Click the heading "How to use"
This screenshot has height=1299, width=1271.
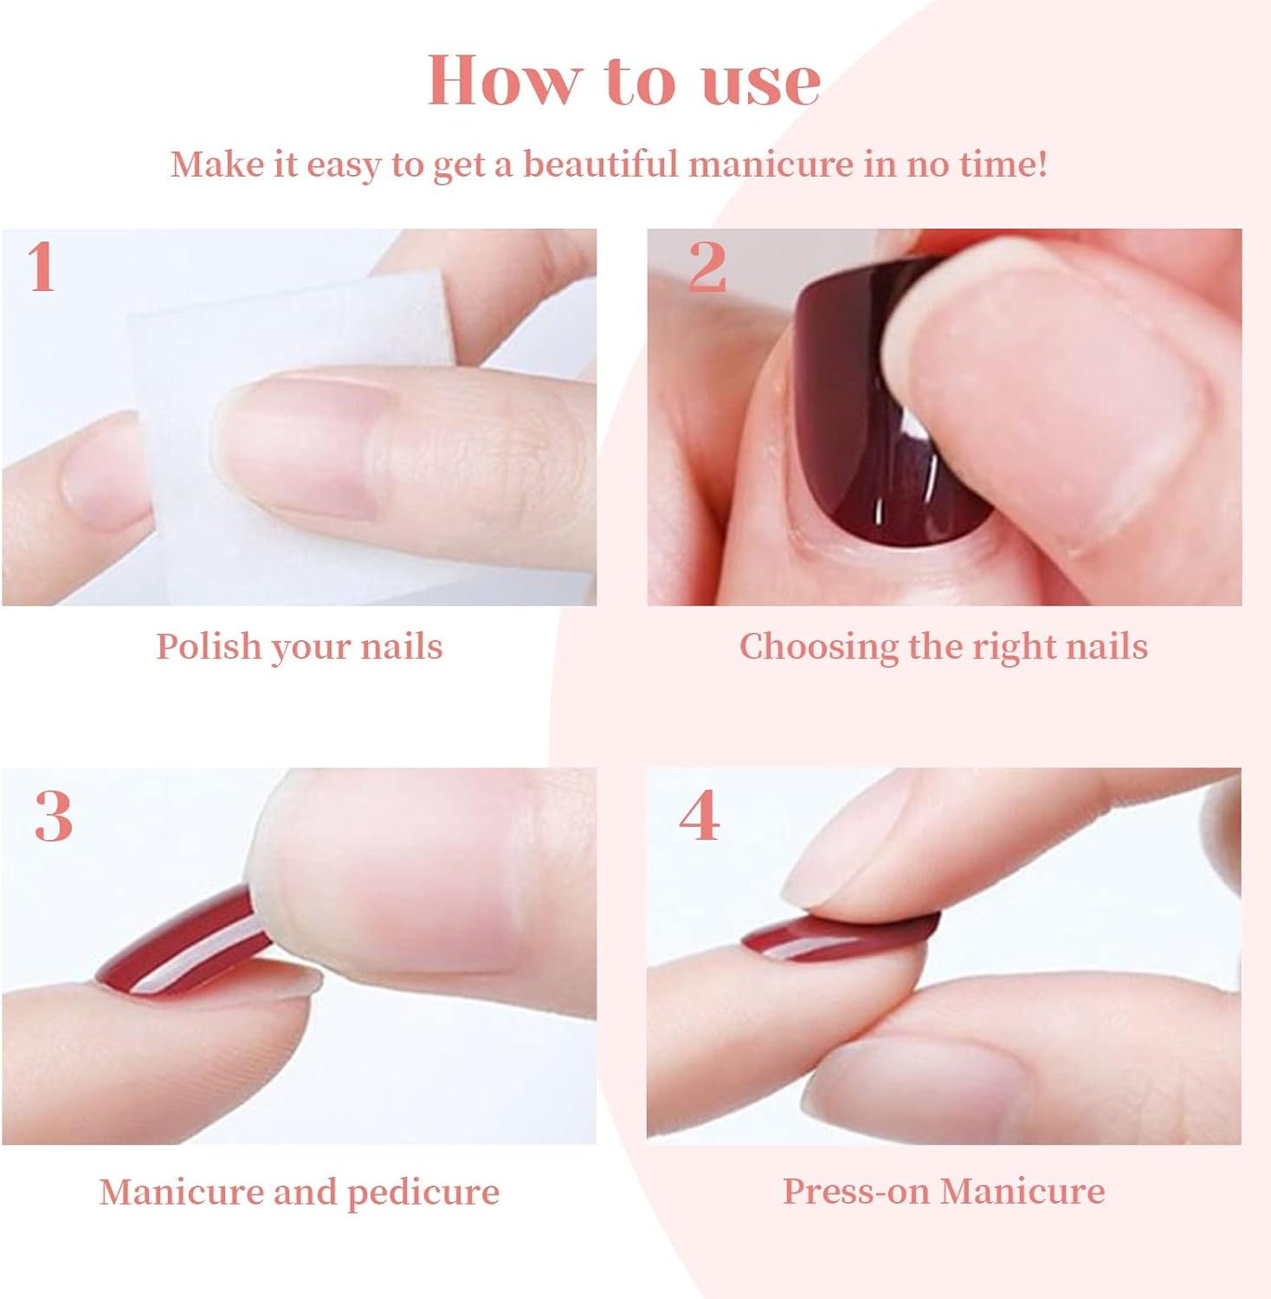click(624, 81)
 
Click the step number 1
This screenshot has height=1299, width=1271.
click(42, 266)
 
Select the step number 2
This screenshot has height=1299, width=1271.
click(706, 266)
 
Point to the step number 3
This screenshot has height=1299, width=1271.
click(53, 816)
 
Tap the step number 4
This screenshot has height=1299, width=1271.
click(700, 816)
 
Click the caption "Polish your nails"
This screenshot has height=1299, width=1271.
click(300, 647)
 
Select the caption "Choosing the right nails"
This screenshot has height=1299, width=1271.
click(944, 647)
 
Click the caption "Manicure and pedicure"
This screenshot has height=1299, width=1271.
click(300, 1192)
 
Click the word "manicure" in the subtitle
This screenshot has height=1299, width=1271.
click(771, 164)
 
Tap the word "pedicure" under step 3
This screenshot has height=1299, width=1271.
click(423, 1193)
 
